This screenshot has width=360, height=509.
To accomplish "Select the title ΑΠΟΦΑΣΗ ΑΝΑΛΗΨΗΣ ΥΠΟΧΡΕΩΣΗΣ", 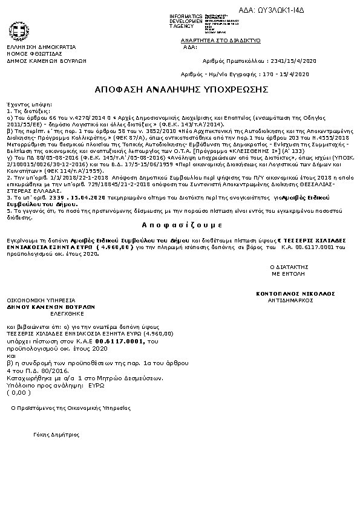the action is click(181, 89).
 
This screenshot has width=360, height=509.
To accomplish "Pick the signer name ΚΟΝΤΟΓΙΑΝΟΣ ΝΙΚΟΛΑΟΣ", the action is click(295, 293).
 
